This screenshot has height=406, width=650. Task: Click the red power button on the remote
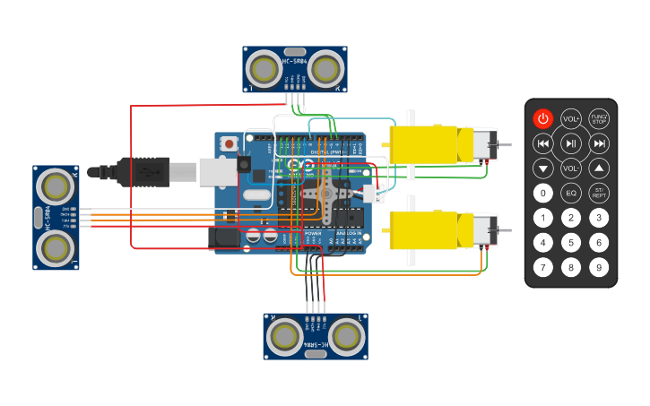543,118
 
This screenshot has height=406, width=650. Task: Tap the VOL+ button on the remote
571,118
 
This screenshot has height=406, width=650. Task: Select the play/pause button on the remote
571,143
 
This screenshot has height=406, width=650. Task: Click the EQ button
571,192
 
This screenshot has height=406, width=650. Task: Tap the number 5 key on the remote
571,242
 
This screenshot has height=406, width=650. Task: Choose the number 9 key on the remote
599,266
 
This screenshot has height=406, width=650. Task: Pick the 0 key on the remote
543,192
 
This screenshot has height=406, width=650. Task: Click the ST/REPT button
599,192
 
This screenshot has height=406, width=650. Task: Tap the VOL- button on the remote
571,168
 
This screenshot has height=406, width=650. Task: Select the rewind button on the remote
543,143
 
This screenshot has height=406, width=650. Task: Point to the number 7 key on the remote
543,266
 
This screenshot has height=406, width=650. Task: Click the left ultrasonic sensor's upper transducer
56,186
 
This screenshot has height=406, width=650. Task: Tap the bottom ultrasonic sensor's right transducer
344,336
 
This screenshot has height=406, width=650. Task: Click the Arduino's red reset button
230,143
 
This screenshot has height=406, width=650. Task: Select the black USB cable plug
143,171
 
